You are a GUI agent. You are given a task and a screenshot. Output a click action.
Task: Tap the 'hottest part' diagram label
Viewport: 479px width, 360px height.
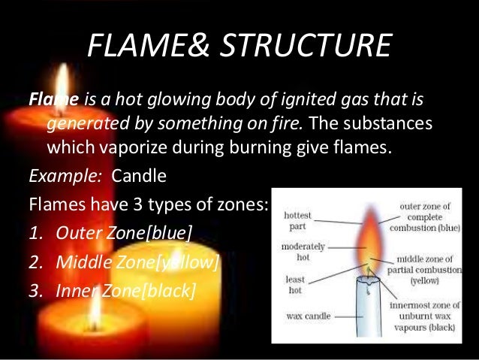(x=298, y=219)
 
